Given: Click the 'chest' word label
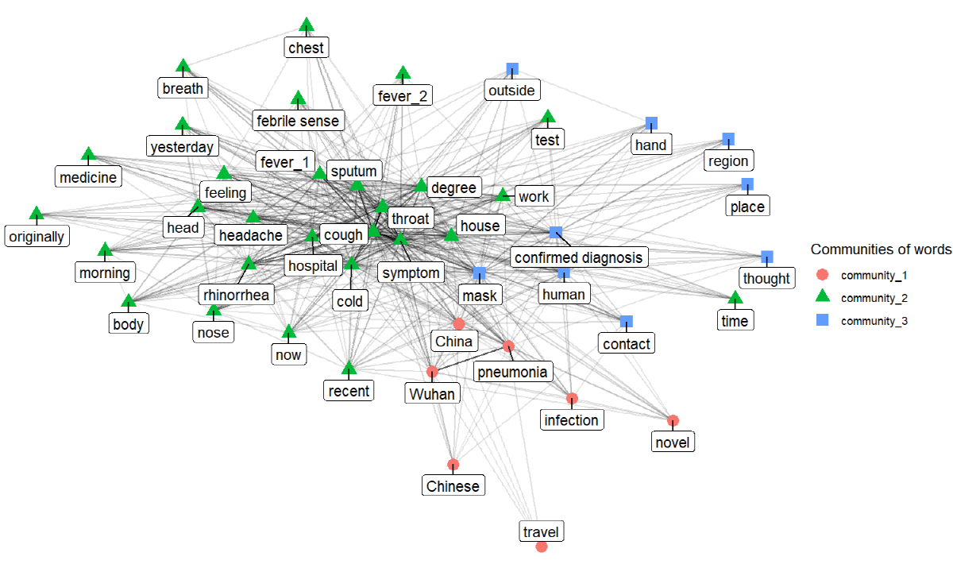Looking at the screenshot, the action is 307,48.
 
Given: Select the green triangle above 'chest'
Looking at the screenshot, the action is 307,25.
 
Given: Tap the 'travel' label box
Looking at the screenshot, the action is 541,531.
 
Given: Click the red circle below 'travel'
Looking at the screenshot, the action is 541,547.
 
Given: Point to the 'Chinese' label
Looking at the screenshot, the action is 453,485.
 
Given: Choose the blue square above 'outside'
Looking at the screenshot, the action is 512,69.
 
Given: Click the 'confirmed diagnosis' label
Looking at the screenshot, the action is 579,257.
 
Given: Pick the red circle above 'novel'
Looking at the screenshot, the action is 673,421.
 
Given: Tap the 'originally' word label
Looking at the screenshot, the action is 37,236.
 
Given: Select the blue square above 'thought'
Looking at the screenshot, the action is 766,257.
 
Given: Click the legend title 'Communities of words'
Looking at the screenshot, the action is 881,249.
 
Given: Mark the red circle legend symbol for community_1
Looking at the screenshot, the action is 823,275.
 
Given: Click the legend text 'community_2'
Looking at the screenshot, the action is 874,298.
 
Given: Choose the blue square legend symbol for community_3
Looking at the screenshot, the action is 823,320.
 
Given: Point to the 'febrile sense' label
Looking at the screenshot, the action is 298,121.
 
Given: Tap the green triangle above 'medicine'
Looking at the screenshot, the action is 88,154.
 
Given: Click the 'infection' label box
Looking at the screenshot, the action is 571,419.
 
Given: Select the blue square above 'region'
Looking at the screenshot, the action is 728,139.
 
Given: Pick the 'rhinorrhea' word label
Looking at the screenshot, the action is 236,295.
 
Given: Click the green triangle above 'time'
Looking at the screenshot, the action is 735,298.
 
